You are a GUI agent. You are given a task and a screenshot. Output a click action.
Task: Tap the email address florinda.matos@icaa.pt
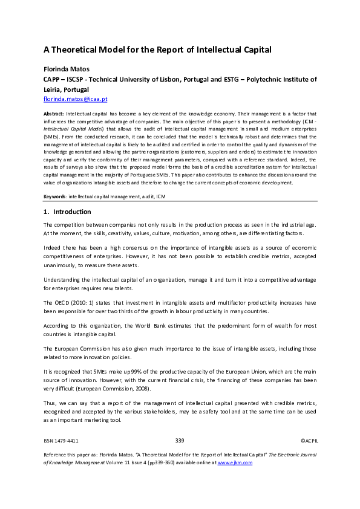[75, 98]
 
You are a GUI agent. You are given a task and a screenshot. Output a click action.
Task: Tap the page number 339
[180, 442]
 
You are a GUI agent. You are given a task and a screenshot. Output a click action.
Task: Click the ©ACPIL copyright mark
[309, 442]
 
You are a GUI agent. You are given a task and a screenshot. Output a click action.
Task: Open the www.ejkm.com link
[235, 462]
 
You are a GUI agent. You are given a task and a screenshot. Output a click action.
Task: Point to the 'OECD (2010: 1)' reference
[71, 300]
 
